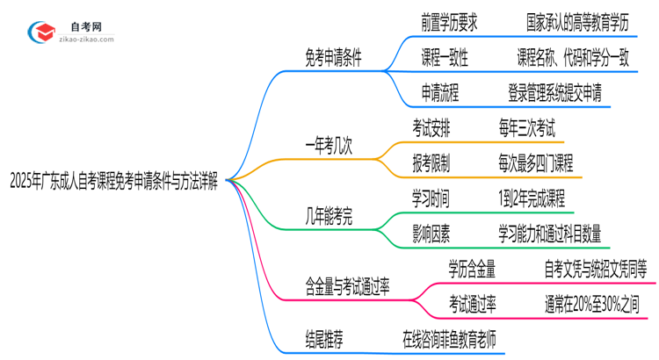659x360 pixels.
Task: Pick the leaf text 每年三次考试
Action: coord(525,129)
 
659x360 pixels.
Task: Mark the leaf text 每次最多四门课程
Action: coord(535,162)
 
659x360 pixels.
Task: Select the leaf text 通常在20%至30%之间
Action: coord(596,304)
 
